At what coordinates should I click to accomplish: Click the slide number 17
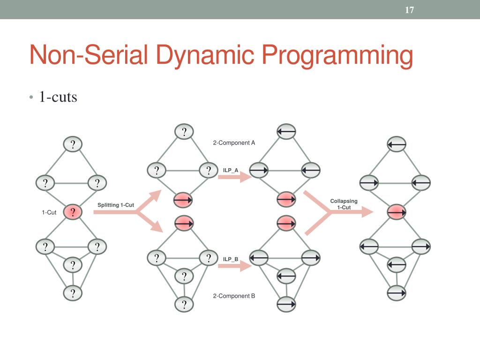click(x=409, y=10)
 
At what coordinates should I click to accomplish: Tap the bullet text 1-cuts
click(x=58, y=97)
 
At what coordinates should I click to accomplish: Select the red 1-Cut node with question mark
click(x=73, y=212)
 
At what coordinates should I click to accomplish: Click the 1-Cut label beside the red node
click(x=49, y=212)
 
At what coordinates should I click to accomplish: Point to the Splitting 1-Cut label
click(x=116, y=205)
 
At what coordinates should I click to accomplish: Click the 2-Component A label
click(x=234, y=142)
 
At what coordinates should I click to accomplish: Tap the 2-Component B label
click(x=234, y=296)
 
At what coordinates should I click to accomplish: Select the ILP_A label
click(x=231, y=170)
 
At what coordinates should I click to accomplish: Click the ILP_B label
click(x=231, y=259)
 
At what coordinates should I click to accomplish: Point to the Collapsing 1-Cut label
click(x=344, y=204)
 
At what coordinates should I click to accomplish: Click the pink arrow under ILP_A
click(x=229, y=177)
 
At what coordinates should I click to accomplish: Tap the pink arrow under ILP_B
click(x=229, y=266)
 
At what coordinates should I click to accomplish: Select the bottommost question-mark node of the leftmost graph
click(x=73, y=293)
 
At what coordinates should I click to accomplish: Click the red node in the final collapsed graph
click(x=397, y=212)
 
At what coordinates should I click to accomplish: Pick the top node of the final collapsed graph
click(x=397, y=144)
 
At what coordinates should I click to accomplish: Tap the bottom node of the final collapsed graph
click(x=397, y=293)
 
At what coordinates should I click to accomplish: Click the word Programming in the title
click(x=337, y=56)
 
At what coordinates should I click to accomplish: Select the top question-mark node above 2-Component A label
click(x=184, y=132)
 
